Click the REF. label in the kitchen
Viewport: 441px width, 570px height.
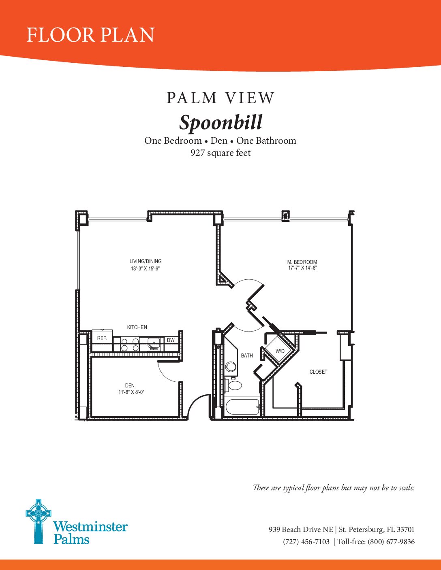(102, 338)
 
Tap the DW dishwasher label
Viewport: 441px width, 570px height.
(171, 340)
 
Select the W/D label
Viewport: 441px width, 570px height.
(280, 351)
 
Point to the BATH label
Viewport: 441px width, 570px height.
(247, 355)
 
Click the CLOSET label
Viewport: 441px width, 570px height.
(318, 372)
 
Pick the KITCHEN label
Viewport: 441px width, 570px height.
(137, 327)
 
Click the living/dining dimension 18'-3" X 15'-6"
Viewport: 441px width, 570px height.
(145, 268)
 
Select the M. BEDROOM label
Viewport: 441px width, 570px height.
(302, 262)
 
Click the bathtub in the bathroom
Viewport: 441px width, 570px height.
(242, 407)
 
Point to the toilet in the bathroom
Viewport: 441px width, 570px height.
(234, 384)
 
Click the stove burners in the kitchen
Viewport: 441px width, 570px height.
(130, 345)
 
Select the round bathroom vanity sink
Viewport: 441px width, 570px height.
(231, 367)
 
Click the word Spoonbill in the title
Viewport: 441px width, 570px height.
(221, 122)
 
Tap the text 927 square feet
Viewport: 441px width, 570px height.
(220, 153)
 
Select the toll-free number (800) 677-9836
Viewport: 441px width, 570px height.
(391, 542)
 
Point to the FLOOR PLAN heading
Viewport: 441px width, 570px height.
(90, 35)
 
